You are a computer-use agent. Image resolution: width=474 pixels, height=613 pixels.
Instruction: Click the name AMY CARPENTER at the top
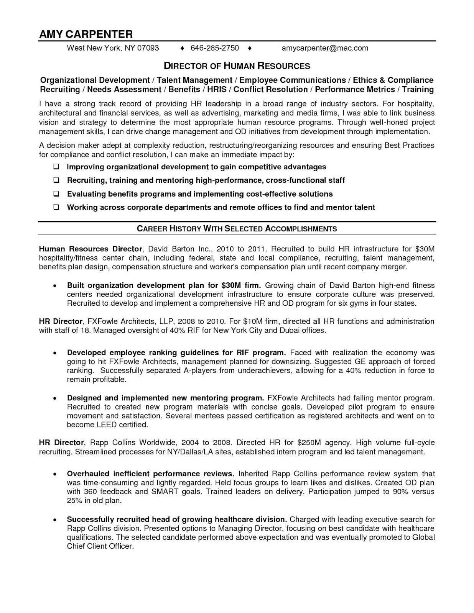click(x=86, y=34)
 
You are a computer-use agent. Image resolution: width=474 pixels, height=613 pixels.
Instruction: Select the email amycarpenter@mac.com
click(x=325, y=48)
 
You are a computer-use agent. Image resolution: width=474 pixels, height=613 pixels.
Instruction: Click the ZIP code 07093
click(x=148, y=48)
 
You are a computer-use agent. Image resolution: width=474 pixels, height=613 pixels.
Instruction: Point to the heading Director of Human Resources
click(x=237, y=66)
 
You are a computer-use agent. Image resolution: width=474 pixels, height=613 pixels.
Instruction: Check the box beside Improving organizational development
click(x=56, y=167)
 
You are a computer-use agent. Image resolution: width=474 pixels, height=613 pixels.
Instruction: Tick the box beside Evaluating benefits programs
click(x=56, y=194)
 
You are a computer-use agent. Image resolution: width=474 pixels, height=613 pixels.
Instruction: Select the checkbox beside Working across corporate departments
click(x=56, y=208)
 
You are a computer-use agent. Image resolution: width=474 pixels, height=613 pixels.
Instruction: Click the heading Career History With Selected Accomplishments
click(x=237, y=229)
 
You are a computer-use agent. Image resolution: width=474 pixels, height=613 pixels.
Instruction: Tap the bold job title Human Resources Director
click(x=91, y=249)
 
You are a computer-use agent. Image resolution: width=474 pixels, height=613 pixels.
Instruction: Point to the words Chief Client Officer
click(x=100, y=546)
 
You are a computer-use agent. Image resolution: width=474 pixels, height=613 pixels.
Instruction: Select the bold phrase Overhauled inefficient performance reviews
click(x=150, y=474)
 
